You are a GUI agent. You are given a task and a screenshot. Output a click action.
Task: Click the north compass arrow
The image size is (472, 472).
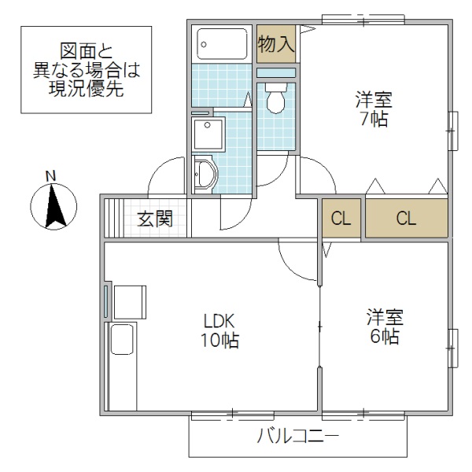pyautogui.click(x=53, y=206)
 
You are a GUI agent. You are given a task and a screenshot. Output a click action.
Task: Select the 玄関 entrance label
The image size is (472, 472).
pyautogui.click(x=155, y=219)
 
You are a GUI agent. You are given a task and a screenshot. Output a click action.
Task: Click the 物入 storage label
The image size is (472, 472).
pyautogui.click(x=276, y=45)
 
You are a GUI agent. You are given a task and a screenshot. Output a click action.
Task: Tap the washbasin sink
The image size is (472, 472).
pyautogui.click(x=204, y=173)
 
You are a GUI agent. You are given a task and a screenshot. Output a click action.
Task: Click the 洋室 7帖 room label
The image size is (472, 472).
pyautogui.click(x=373, y=109)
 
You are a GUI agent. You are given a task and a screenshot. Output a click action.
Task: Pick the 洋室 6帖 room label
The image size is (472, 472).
pyautogui.click(x=384, y=327)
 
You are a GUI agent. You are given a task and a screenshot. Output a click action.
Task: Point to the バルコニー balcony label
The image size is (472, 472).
pyautogui.click(x=298, y=436)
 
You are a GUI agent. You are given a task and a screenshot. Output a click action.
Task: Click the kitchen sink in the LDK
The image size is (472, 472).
pyautogui.click(x=123, y=341)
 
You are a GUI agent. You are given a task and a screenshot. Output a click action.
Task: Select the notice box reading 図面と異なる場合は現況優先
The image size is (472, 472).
pyautogui.click(x=86, y=70)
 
